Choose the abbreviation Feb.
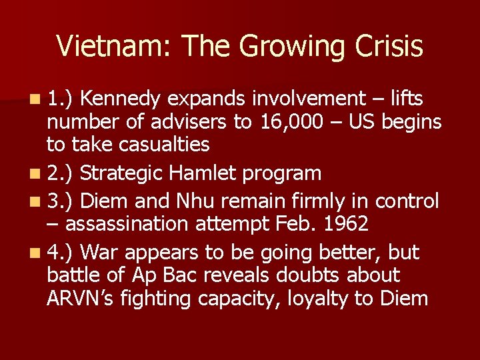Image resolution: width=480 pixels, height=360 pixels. click(289, 223)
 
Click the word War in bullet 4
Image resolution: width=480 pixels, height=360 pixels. click(103, 253)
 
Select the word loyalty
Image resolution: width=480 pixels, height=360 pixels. click(317, 299)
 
